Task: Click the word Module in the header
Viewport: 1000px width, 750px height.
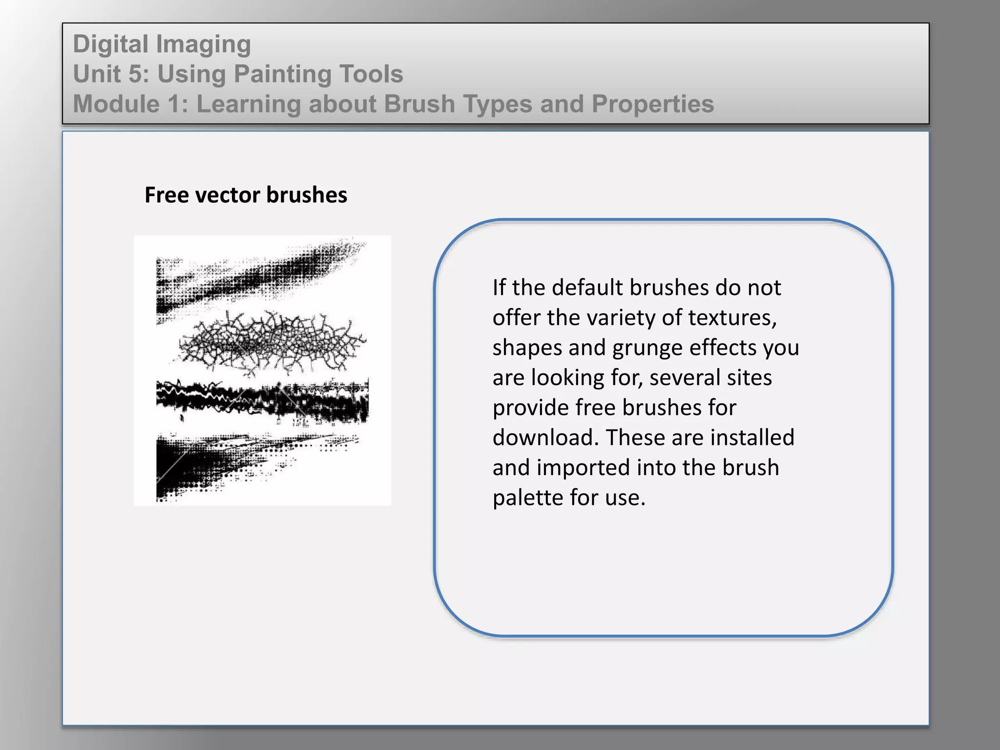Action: tap(116, 104)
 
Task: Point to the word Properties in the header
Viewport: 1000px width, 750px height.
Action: tap(653, 104)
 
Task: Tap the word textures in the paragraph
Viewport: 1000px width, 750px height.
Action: tap(732, 318)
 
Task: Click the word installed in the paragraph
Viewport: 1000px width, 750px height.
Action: tap(752, 437)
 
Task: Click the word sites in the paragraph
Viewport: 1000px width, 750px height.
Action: tap(750, 378)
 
